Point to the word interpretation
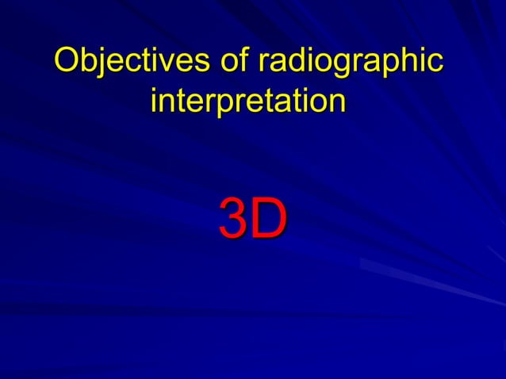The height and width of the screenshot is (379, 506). (248, 102)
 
